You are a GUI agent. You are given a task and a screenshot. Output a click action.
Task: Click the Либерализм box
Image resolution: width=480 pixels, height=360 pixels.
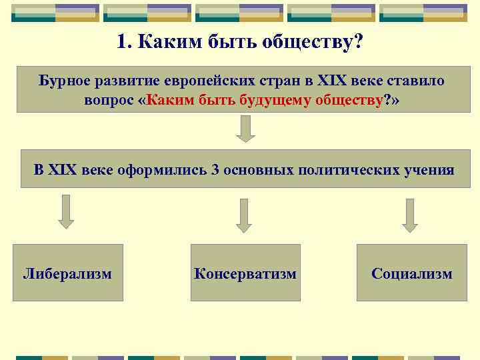(x=68, y=273)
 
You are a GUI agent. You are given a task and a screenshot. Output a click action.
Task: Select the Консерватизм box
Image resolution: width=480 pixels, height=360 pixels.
(x=245, y=273)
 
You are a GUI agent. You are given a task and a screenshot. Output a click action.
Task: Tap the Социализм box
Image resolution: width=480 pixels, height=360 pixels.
(x=412, y=273)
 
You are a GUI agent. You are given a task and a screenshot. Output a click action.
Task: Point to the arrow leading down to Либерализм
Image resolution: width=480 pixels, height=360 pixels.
(x=65, y=212)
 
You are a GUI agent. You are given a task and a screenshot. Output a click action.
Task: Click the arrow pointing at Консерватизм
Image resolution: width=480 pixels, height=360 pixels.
(x=244, y=215)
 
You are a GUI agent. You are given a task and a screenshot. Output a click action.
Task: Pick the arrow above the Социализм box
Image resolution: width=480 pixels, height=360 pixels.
(x=410, y=215)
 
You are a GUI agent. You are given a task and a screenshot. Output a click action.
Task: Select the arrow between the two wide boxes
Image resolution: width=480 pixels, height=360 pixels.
(x=246, y=129)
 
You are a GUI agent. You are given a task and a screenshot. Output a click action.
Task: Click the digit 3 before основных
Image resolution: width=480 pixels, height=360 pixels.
(x=215, y=169)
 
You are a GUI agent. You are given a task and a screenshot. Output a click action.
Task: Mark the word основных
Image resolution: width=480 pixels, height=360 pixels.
(x=257, y=169)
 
